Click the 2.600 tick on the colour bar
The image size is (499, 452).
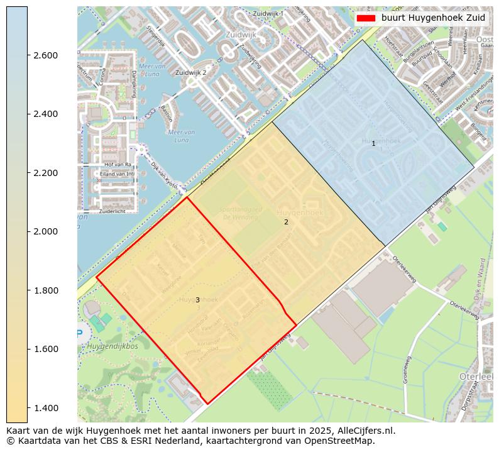coord(45,55)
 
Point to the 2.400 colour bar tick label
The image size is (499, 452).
coord(45,114)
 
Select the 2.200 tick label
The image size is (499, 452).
coord(45,173)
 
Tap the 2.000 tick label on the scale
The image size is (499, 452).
coord(45,231)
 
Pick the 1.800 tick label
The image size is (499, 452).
coord(45,290)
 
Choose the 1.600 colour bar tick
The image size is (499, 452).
coord(45,349)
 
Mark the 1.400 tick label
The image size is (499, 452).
coord(45,408)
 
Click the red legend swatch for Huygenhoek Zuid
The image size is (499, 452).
coord(365,18)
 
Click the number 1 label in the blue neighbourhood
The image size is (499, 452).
coord(373,144)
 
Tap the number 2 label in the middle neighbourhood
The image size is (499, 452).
coord(286,222)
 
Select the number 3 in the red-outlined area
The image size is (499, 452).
coord(197,300)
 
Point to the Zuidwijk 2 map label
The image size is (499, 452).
coord(191,73)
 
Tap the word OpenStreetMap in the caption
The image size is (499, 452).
coord(340,441)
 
